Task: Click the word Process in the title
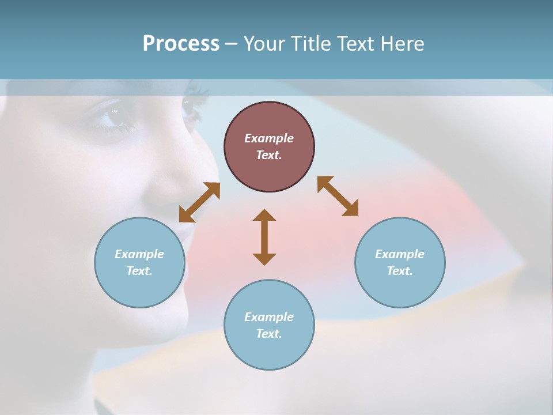[x=181, y=44]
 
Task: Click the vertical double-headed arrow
[x=264, y=237]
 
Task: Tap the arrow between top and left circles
[x=199, y=202]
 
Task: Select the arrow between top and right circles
[x=338, y=196]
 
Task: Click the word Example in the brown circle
[x=269, y=138]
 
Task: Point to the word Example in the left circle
[x=139, y=254]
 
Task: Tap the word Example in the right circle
[x=400, y=254]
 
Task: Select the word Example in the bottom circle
[x=269, y=317]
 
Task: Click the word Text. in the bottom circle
[x=269, y=334]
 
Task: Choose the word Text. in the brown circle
[x=269, y=155]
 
